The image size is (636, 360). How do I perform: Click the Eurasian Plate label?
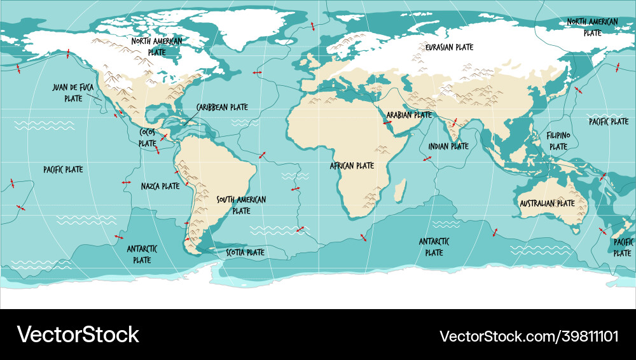[x=450, y=47]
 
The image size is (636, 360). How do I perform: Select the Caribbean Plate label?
[x=222, y=107]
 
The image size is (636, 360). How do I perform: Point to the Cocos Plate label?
[x=148, y=138]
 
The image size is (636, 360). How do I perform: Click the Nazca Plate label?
[x=160, y=186]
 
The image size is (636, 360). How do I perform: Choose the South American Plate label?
[x=241, y=205]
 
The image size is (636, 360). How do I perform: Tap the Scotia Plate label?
[x=245, y=253]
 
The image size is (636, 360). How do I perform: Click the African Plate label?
[x=352, y=165]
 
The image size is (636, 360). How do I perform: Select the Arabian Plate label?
[x=409, y=115]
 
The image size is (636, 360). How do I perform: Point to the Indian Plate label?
[x=448, y=146]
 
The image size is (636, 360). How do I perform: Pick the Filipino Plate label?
[x=558, y=141]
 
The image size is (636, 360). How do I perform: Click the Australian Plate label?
[x=547, y=204]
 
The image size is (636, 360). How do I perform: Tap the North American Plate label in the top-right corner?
[x=592, y=27]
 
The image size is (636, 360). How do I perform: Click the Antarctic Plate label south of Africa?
[x=434, y=247]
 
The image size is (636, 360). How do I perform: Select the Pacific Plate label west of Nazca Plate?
[x=63, y=169]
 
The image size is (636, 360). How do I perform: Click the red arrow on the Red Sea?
[x=387, y=121]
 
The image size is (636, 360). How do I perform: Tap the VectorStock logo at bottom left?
[x=78, y=335]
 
